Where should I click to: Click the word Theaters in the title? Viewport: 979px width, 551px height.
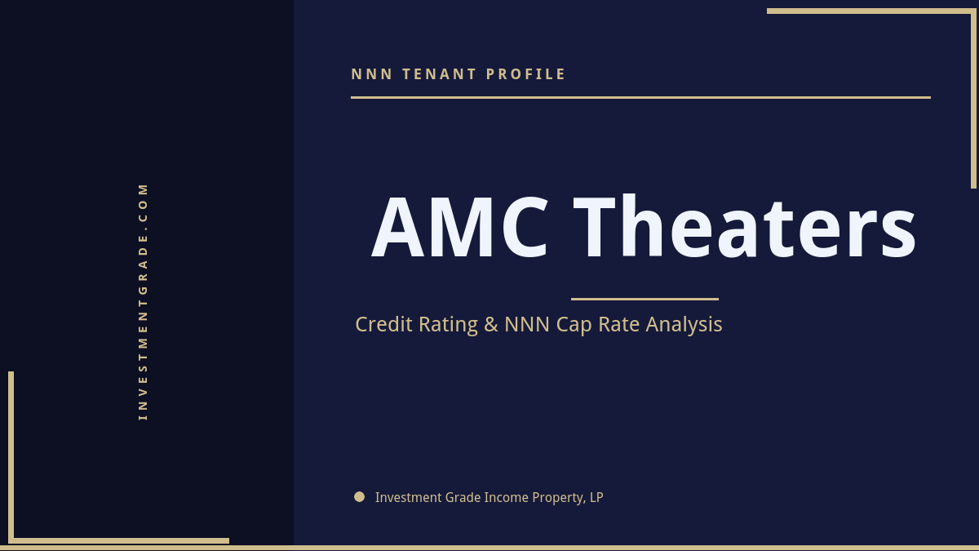(745, 229)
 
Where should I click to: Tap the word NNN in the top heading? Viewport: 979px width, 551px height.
(372, 74)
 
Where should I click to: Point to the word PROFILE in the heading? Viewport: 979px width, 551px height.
(526, 74)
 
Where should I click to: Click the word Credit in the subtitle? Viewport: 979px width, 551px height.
(385, 324)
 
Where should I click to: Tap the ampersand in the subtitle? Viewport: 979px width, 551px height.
(491, 324)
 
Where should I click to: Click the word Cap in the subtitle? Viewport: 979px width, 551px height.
(574, 325)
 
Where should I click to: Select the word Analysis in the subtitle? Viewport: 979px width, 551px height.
(684, 325)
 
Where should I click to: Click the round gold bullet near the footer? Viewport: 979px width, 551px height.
(359, 496)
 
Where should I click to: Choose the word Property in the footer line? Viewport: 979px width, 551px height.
(558, 498)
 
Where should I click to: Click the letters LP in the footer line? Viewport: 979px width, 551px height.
(596, 497)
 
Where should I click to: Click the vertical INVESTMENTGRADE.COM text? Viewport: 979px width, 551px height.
(143, 301)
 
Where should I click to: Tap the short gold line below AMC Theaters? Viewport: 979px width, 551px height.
(645, 299)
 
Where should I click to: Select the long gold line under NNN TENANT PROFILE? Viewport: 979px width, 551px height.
(640, 97)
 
